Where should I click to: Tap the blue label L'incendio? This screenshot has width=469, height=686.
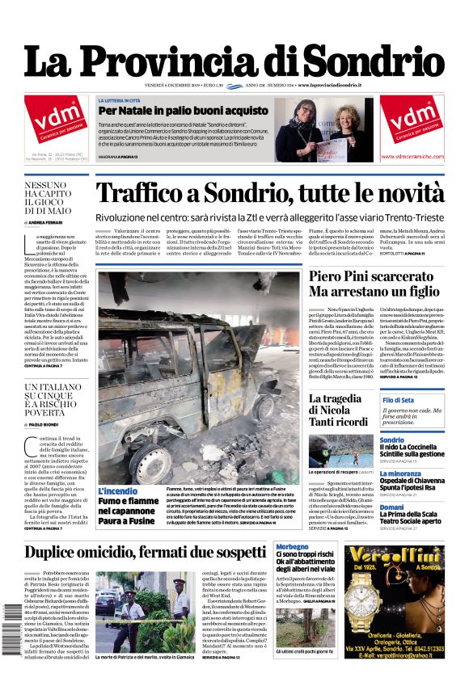point(118,491)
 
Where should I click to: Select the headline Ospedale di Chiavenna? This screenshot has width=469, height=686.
point(416,482)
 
